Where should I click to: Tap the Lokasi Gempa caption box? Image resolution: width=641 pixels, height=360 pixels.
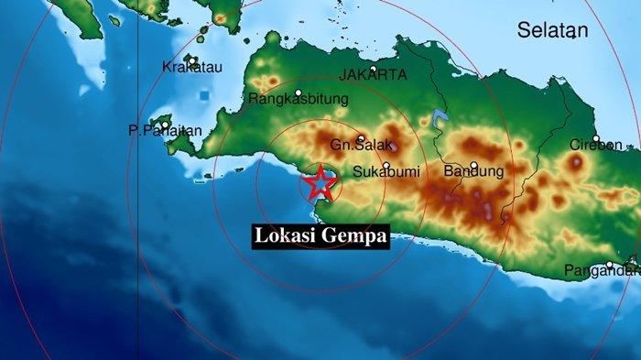pyautogui.click(x=320, y=236)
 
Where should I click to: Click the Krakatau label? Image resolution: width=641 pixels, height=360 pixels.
pyautogui.click(x=189, y=67)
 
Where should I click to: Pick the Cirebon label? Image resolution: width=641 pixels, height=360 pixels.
pyautogui.click(x=596, y=145)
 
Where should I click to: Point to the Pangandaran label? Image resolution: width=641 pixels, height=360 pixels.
pyautogui.click(x=602, y=270)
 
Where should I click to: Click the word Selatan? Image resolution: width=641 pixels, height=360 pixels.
pyautogui.click(x=552, y=30)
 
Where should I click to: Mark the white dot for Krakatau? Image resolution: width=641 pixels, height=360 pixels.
pyautogui.click(x=192, y=60)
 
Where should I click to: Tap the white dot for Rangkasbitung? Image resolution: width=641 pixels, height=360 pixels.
pyautogui.click(x=299, y=93)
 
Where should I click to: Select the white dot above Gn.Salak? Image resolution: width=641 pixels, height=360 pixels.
pyautogui.click(x=360, y=139)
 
